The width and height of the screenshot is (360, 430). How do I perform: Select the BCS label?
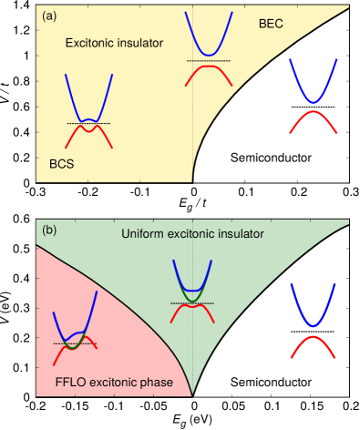point(61,164)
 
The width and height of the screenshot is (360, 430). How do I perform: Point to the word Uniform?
point(143,234)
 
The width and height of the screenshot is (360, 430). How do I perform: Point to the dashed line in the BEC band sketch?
point(209,60)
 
